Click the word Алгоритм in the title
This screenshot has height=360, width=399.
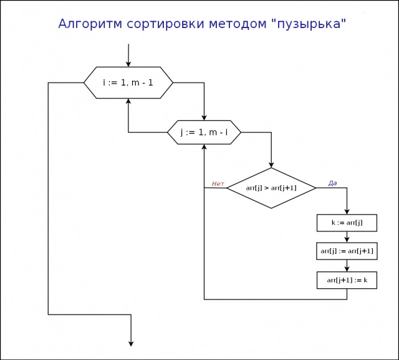point(90,24)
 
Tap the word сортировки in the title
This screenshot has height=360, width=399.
point(166,24)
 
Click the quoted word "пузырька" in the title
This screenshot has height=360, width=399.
point(309,24)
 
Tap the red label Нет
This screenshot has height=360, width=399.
point(218,184)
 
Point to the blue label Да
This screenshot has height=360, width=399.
point(332,183)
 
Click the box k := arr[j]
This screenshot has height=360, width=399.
point(347,223)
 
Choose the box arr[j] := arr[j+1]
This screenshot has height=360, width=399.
point(347,251)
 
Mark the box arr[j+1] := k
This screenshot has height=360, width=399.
point(347,280)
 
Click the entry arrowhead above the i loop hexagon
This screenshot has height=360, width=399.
point(128,64)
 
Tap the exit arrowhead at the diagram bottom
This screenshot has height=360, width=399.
point(131,343)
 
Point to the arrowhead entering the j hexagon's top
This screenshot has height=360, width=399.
point(204,117)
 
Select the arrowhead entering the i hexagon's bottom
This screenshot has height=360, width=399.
point(128,102)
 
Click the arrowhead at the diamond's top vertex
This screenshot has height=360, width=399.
point(271,165)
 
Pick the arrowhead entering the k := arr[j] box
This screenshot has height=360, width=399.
point(347,212)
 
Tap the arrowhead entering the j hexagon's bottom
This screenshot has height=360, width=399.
point(204,147)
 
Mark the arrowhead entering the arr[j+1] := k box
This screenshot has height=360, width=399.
point(347,269)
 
